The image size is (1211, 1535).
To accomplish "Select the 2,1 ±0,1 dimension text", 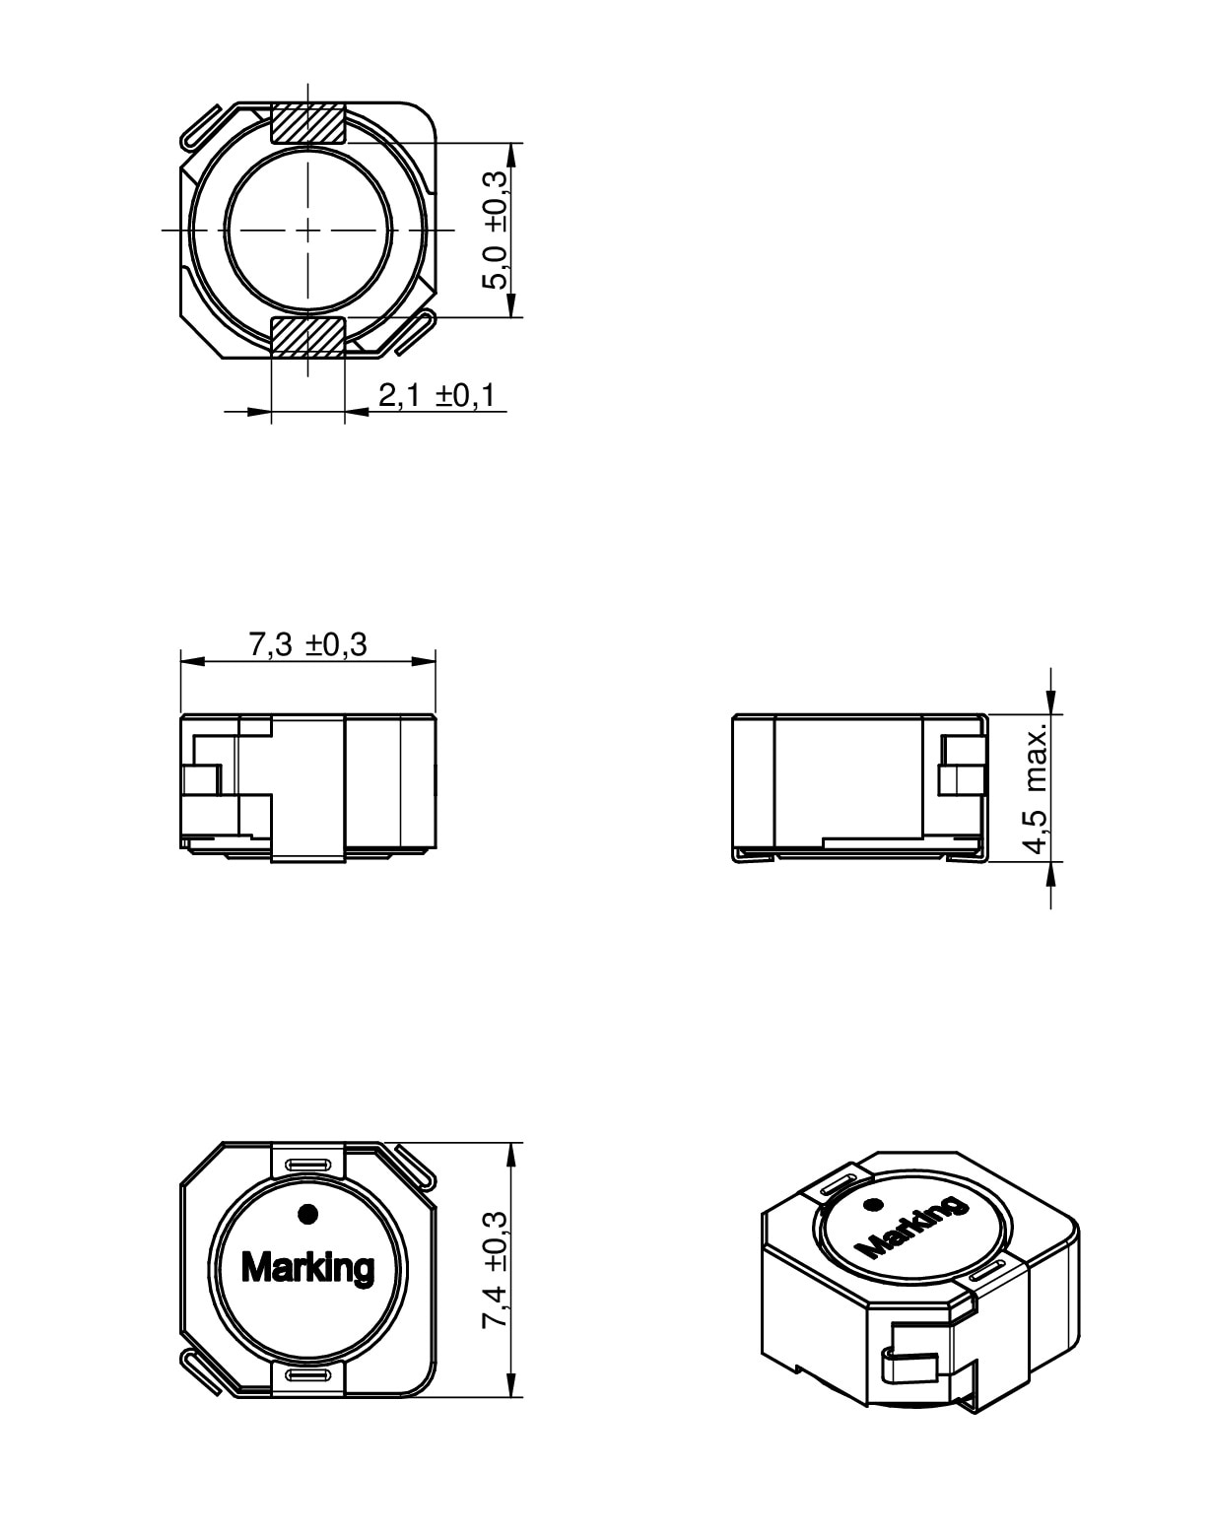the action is click(x=436, y=394).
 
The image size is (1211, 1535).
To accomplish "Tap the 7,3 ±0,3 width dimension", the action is click(x=307, y=644).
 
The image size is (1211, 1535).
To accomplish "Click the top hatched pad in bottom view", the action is click(x=308, y=123).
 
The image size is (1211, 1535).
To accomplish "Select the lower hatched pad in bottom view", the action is click(x=308, y=336).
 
